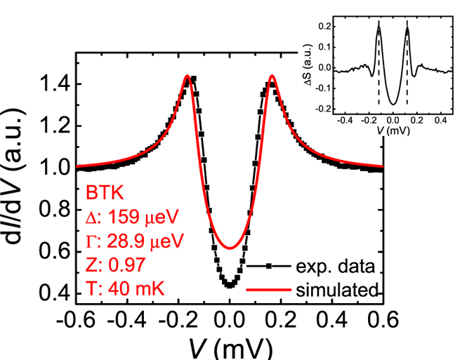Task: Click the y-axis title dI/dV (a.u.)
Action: click(x=18, y=182)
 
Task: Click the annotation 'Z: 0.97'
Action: click(x=112, y=265)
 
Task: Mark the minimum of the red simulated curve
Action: click(x=229, y=248)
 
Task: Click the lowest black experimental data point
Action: click(x=229, y=286)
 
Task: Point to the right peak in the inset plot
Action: click(x=407, y=22)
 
